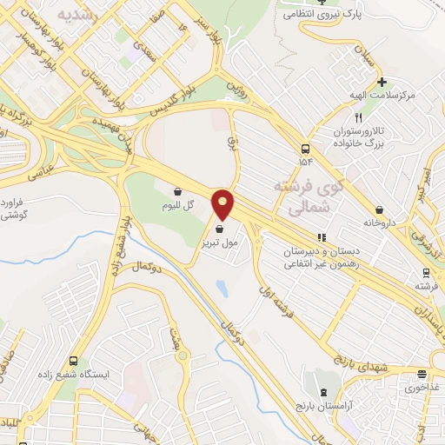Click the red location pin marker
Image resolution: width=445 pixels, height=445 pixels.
coord(223,205)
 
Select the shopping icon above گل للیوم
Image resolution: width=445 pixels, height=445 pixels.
coord(177,191)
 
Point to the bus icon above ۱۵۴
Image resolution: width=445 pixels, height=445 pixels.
coord(305,148)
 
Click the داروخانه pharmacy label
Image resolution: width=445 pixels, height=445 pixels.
coord(380,222)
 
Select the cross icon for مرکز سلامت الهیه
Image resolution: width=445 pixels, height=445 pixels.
coord(381,82)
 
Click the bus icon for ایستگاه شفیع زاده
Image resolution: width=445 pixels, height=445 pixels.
coord(73,361)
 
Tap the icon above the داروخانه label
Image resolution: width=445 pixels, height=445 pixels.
coord(380,209)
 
